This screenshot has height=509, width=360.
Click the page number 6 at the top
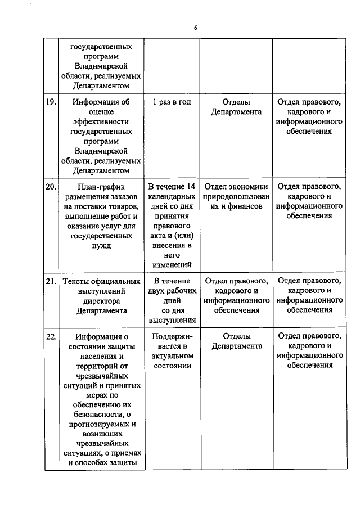pyautogui.click(x=196, y=27)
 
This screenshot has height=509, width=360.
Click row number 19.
pyautogui.click(x=51, y=102)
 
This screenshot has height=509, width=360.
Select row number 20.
pyautogui.click(x=51, y=187)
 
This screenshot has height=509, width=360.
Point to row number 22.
pyautogui.click(x=51, y=336)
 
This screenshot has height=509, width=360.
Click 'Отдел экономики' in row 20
pyautogui.click(x=236, y=187)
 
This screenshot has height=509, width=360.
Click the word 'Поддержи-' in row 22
pyautogui.click(x=172, y=336)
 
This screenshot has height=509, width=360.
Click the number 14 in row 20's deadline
pyautogui.click(x=190, y=187)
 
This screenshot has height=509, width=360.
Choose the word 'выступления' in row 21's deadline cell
pyautogui.click(x=172, y=320)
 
